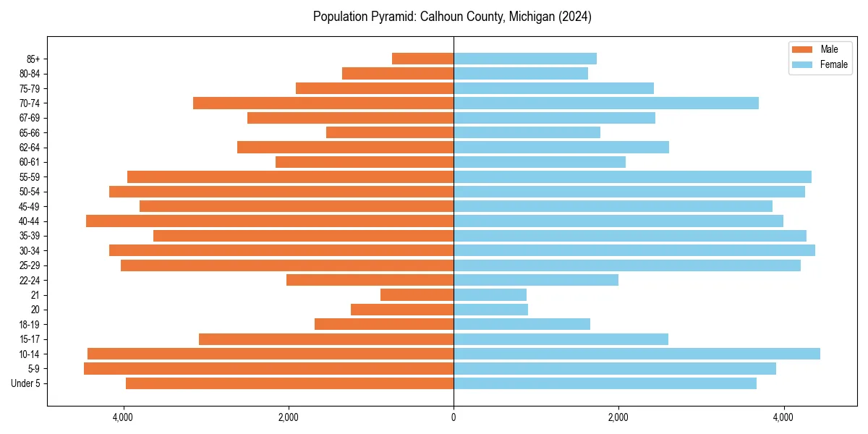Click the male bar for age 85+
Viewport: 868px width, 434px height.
pyautogui.click(x=422, y=59)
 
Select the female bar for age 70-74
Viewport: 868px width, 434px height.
pyautogui.click(x=606, y=103)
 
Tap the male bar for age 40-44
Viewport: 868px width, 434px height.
pyautogui.click(x=270, y=221)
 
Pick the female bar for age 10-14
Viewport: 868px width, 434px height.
pyautogui.click(x=637, y=354)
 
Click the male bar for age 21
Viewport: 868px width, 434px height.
pyautogui.click(x=417, y=294)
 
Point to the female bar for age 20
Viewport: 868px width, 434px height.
pyautogui.click(x=490, y=310)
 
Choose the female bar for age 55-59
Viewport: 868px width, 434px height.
pyautogui.click(x=632, y=176)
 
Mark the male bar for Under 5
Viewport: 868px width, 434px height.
pyautogui.click(x=289, y=383)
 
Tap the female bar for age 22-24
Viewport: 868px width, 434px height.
pyautogui.click(x=536, y=280)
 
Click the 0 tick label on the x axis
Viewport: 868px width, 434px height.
pyautogui.click(x=454, y=418)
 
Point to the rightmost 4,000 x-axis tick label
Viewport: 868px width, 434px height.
pyautogui.click(x=783, y=418)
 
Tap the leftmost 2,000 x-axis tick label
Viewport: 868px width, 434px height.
pyautogui.click(x=289, y=418)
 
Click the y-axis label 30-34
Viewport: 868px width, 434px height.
pyautogui.click(x=29, y=250)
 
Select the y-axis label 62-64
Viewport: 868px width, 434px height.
pyautogui.click(x=29, y=147)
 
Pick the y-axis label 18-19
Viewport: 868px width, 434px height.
pyautogui.click(x=29, y=324)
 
